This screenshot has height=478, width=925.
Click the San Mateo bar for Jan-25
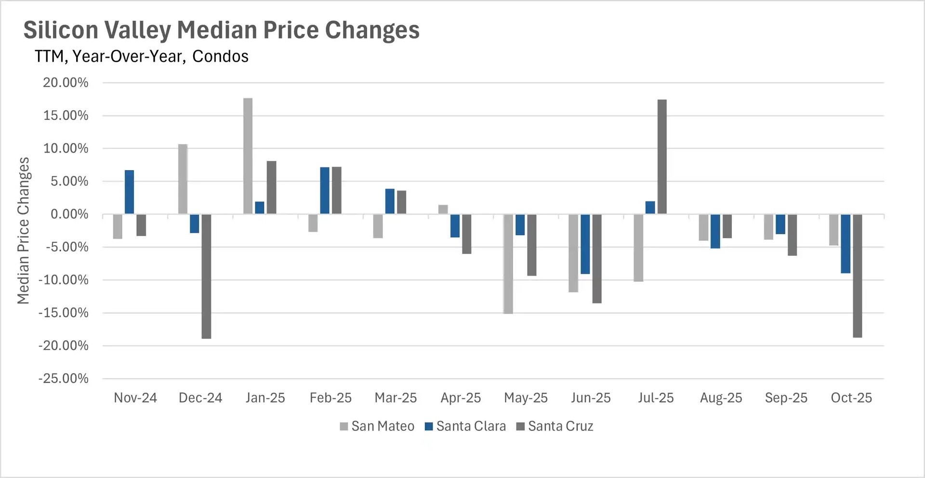pyautogui.click(x=248, y=156)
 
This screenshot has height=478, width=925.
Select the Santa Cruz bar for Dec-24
pyautogui.click(x=206, y=276)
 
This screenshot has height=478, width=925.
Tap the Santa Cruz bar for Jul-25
pyautogui.click(x=662, y=157)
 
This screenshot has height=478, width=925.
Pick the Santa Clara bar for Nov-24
pyautogui.click(x=129, y=192)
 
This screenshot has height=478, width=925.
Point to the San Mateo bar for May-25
pyautogui.click(x=508, y=264)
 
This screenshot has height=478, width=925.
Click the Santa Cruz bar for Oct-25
pyautogui.click(x=857, y=276)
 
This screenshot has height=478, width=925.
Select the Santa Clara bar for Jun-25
pyautogui.click(x=585, y=244)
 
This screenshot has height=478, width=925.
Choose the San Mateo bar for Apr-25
pyautogui.click(x=443, y=210)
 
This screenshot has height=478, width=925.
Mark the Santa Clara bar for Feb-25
pyautogui.click(x=325, y=190)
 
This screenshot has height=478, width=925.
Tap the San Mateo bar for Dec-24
pyautogui.click(x=183, y=179)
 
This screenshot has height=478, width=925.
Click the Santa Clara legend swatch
pyautogui.click(x=429, y=426)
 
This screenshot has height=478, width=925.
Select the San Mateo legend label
pyautogui.click(x=383, y=426)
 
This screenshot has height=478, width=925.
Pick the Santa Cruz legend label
pyautogui.click(x=560, y=426)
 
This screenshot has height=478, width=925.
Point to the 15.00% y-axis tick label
pyautogui.click(x=66, y=116)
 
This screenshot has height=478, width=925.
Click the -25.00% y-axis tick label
pyautogui.click(x=64, y=379)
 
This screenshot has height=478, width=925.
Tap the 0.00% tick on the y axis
pyautogui.click(x=69, y=214)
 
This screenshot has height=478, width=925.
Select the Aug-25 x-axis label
pyautogui.click(x=721, y=398)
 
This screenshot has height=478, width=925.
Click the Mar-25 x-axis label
pyautogui.click(x=396, y=398)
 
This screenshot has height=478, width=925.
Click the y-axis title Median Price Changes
pyautogui.click(x=23, y=230)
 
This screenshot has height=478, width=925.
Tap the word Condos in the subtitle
pyautogui.click(x=220, y=56)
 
